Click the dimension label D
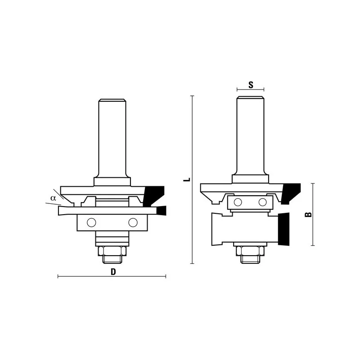coord(113,272)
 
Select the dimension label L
coord(187,179)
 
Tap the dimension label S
coord(251,85)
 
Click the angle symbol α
coord(53,198)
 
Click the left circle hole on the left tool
coord(91,222)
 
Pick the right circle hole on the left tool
coord(133,222)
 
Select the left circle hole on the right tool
coord(238,202)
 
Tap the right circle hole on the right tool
coord(262,202)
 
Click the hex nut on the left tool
coord(112,251)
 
